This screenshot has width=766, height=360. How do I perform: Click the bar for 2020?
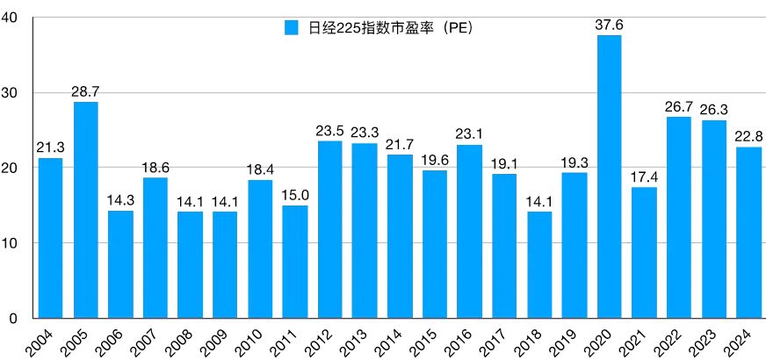[609, 176]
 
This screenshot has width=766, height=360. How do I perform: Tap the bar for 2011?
[295, 261]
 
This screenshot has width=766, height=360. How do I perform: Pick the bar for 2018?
[539, 264]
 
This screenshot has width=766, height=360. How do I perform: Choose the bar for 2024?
[748, 232]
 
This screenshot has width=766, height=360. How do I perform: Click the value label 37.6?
[609, 25]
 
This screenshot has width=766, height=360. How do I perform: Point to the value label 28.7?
[85, 91]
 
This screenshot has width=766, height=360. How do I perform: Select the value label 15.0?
[295, 194]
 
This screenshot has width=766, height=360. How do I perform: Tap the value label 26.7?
[679, 106]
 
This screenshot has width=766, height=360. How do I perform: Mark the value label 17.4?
[644, 176]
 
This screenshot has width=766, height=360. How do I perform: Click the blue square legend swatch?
[292, 28]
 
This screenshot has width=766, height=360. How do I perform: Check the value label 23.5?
[330, 130]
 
